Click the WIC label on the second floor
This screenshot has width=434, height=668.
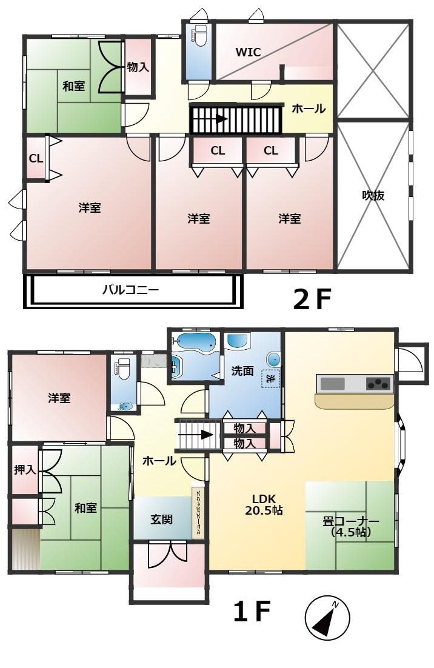249,52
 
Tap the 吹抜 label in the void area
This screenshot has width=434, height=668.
373,196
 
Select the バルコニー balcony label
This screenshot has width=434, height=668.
131,290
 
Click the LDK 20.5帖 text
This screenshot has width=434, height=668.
264,504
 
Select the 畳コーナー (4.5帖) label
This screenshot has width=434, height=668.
351,527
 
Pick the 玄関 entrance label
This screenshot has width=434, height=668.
161,519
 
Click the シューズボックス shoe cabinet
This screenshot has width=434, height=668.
198,513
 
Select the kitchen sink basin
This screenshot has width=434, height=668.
333,384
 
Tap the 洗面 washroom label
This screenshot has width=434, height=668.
242,371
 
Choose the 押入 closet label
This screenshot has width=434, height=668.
25,469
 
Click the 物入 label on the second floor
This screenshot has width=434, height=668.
138,67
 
